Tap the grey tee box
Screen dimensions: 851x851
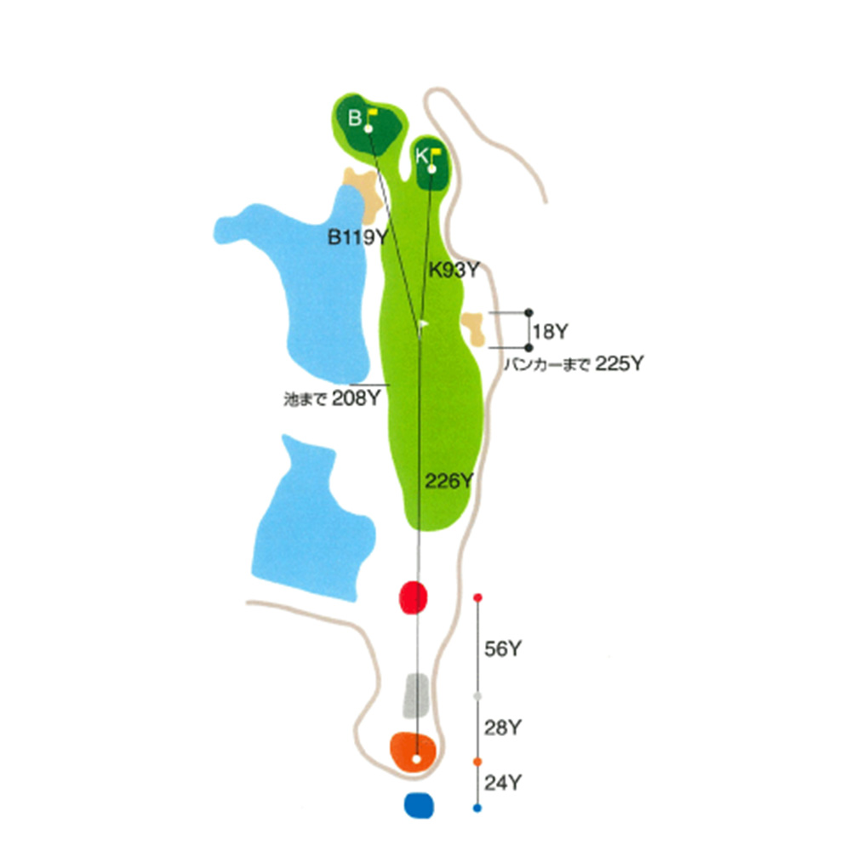[415, 694]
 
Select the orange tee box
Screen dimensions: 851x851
[414, 750]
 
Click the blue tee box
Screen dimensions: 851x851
[419, 804]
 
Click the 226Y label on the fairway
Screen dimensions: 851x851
[448, 483]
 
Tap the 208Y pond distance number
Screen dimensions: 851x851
[356, 397]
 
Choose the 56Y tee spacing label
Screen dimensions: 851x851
[502, 649]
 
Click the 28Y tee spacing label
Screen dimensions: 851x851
[502, 728]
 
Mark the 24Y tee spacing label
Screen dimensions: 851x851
[502, 782]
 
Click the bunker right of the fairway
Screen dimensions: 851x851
[473, 328]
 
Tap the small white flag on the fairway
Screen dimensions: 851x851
[424, 323]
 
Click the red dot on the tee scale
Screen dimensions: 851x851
[477, 597]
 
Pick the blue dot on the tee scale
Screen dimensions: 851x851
[477, 807]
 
